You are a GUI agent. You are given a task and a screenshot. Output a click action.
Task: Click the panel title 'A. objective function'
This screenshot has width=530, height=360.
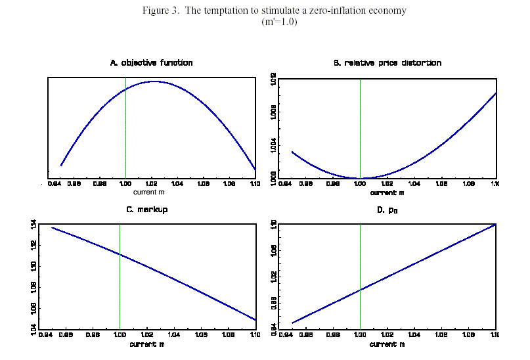[x=151, y=63]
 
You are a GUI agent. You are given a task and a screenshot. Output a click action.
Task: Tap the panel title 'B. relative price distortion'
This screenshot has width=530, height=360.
[x=387, y=63]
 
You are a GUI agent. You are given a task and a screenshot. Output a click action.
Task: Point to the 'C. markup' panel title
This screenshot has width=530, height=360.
[x=151, y=210]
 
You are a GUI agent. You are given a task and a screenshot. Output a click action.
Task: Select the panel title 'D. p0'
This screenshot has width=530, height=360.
[x=387, y=210]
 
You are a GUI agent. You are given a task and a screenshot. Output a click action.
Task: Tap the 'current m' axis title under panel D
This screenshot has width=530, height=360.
[x=386, y=343]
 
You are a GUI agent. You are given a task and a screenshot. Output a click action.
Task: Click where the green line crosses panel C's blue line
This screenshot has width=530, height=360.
[x=120, y=254]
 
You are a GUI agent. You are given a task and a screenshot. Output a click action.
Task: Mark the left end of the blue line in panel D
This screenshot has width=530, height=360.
[x=292, y=323]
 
